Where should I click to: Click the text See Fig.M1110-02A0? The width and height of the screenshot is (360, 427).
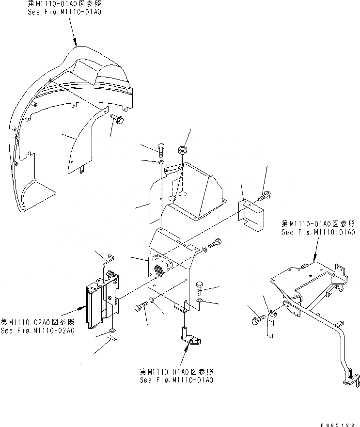click(37, 331)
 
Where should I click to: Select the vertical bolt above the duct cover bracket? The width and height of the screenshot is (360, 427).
click(161, 149)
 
